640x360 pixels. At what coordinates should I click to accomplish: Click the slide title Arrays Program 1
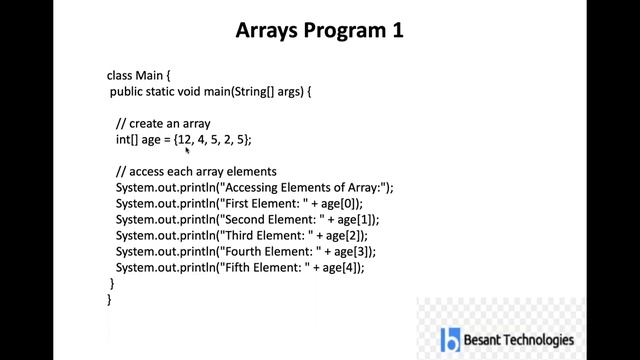point(319,29)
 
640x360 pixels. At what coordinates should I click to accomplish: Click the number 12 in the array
point(185,139)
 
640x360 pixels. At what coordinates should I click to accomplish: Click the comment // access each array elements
point(196,171)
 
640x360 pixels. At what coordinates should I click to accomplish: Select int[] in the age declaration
point(127,139)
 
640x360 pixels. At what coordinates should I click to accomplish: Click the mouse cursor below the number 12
point(187,150)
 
